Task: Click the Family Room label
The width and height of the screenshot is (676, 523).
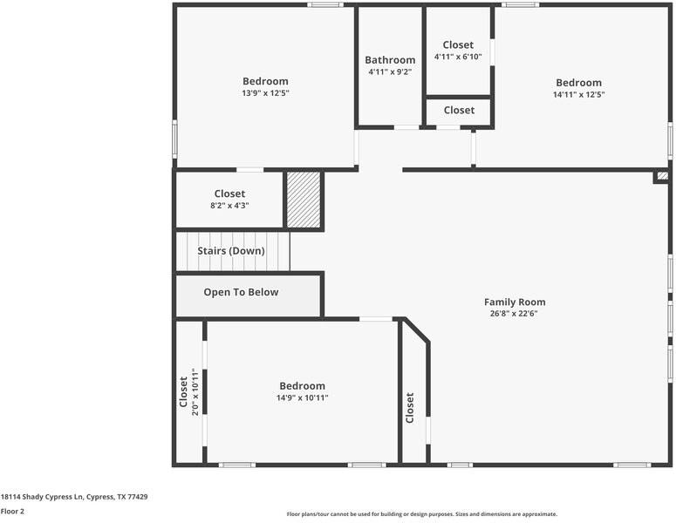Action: click(x=515, y=302)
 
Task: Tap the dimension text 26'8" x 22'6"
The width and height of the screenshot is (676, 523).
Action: click(x=515, y=314)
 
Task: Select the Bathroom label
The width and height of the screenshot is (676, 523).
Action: click(x=390, y=60)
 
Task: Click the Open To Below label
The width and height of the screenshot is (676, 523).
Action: click(x=241, y=292)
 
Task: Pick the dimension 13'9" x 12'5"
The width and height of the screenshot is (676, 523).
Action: click(x=265, y=93)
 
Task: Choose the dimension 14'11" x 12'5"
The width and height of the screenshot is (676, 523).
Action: click(x=578, y=94)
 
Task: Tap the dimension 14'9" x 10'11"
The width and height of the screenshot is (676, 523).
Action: click(x=302, y=397)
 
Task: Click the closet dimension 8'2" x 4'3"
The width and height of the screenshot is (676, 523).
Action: click(x=229, y=206)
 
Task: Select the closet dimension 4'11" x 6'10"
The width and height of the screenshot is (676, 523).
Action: click(x=458, y=57)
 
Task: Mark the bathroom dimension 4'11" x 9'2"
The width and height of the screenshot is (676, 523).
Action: click(x=390, y=72)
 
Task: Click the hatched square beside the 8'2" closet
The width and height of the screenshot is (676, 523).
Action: click(x=304, y=200)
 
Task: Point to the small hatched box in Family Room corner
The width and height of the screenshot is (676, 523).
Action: click(x=663, y=175)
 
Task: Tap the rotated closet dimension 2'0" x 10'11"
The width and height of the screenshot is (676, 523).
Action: click(x=195, y=392)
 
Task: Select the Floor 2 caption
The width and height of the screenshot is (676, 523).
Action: click(x=12, y=512)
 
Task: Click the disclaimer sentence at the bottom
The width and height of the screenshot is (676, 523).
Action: click(x=421, y=514)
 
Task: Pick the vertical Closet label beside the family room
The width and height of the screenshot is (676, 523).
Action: click(x=410, y=408)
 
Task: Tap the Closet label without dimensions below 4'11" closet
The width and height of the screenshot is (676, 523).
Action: click(x=459, y=110)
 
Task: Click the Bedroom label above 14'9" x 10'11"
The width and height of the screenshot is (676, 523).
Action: click(x=302, y=385)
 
